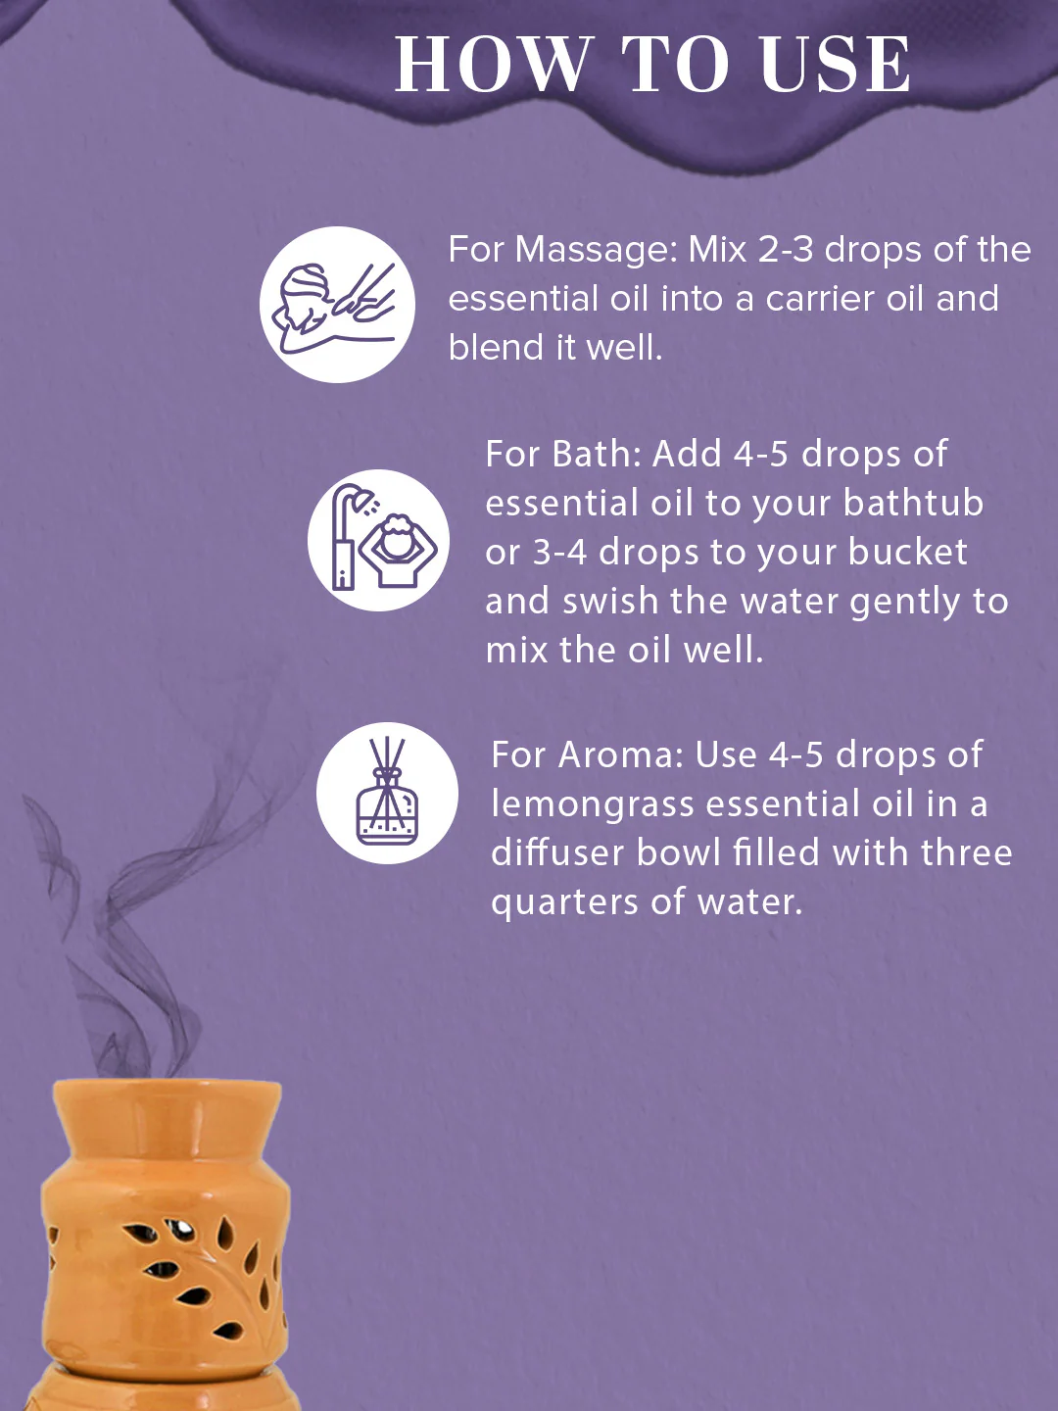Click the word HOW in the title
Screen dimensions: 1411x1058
[494, 65]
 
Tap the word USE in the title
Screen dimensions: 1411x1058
[836, 65]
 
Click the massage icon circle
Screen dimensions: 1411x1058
[337, 305]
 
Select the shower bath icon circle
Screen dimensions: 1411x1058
[378, 540]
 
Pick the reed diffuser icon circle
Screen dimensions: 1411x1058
[387, 793]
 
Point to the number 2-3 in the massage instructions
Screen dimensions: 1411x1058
[786, 250]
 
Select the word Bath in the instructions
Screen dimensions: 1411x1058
[596, 454]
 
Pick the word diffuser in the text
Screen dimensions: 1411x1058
[556, 852]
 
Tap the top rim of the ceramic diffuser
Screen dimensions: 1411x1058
[167, 1090]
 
